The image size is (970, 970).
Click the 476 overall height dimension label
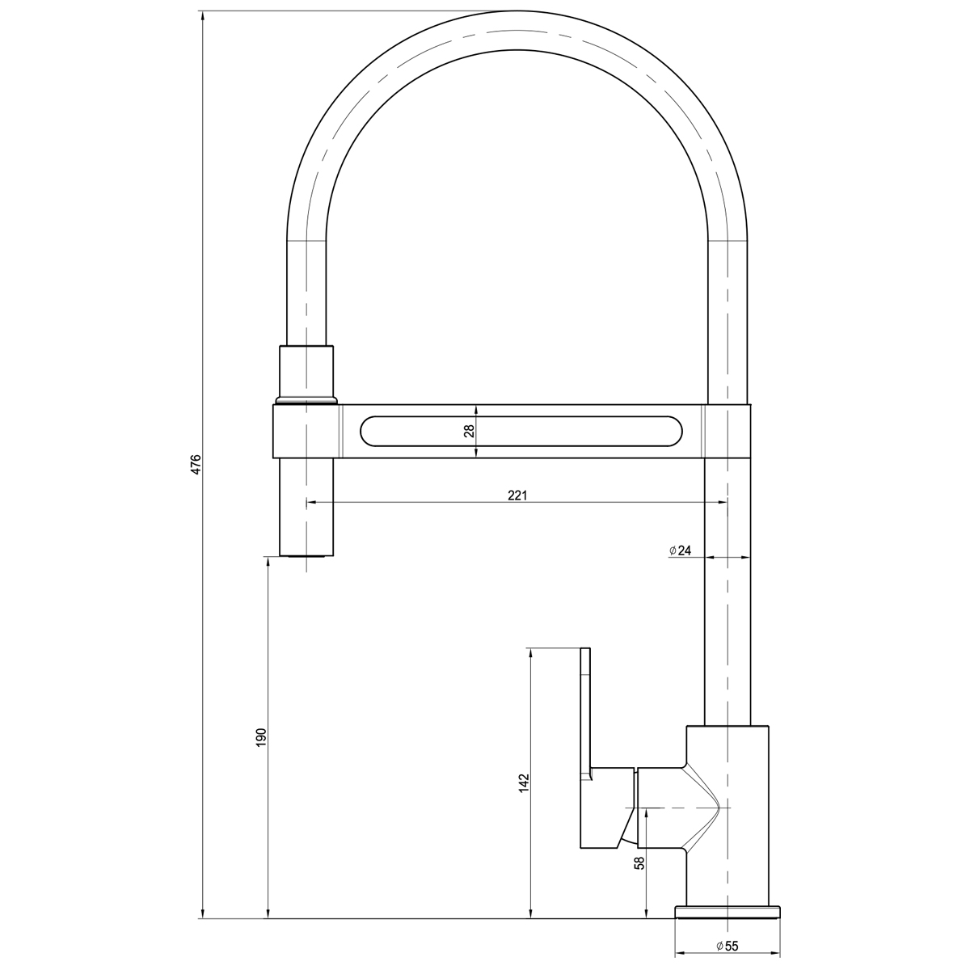pos(195,466)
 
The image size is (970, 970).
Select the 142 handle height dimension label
pos(524,782)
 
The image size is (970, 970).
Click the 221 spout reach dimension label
pos(517,495)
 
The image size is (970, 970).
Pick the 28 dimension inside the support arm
pos(468,431)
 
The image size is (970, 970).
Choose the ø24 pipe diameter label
pos(680,550)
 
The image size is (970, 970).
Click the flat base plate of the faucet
pos(728,913)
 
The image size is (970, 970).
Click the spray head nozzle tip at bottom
pos(306,555)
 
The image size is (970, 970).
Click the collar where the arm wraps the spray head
pos(306,431)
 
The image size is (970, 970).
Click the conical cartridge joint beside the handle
pos(695,808)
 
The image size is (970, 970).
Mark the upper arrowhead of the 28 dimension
pos(476,409)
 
